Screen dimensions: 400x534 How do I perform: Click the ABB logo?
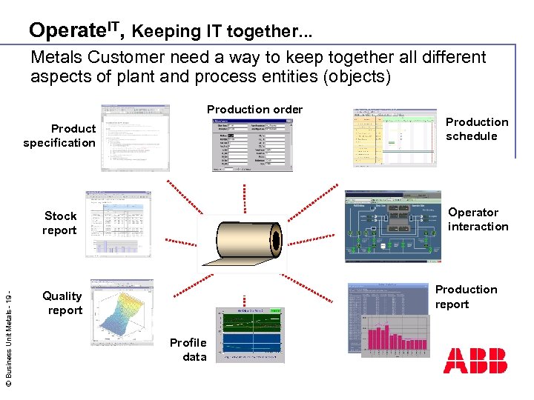tap(475, 360)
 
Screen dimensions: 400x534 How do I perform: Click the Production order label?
tap(254, 110)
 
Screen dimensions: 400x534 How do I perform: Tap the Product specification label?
tap(60, 136)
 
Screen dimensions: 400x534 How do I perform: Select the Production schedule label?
tap(477, 129)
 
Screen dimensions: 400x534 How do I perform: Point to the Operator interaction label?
tap(478, 219)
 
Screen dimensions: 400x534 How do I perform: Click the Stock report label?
tap(60, 223)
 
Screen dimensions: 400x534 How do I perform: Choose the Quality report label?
tap(63, 303)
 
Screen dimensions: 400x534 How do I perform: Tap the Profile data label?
tap(188, 350)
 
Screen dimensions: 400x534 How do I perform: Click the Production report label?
tap(466, 297)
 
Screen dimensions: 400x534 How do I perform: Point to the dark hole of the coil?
tap(275, 242)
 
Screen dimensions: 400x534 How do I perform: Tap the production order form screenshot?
tap(248, 144)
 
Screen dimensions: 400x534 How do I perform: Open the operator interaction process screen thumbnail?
tap(392, 226)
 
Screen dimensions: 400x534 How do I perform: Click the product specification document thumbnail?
tap(135, 137)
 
